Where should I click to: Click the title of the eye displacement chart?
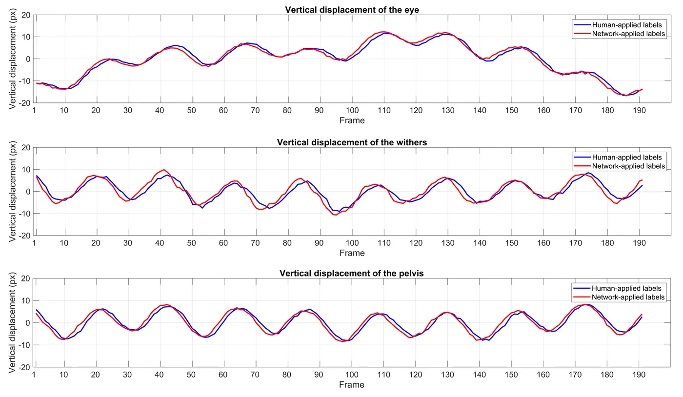(x=352, y=10)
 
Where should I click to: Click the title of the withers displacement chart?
(x=352, y=142)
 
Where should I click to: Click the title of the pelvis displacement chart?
(x=352, y=273)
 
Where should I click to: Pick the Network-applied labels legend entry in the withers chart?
(x=619, y=166)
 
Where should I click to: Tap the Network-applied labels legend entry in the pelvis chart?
(x=619, y=298)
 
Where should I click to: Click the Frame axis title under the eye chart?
(x=352, y=120)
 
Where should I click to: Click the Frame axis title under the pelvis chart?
(x=352, y=385)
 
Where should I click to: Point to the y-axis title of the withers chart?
(x=12, y=192)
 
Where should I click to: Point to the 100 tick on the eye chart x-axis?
(x=352, y=110)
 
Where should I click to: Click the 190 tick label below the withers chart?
(x=639, y=243)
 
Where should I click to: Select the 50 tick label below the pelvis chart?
(x=191, y=375)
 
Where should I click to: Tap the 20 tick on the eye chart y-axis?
(x=26, y=15)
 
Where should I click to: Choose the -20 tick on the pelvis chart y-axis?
(x=24, y=367)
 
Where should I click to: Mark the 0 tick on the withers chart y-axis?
(x=28, y=192)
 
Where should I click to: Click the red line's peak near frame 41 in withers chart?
(x=164, y=170)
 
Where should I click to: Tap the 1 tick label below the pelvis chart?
(x=34, y=375)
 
